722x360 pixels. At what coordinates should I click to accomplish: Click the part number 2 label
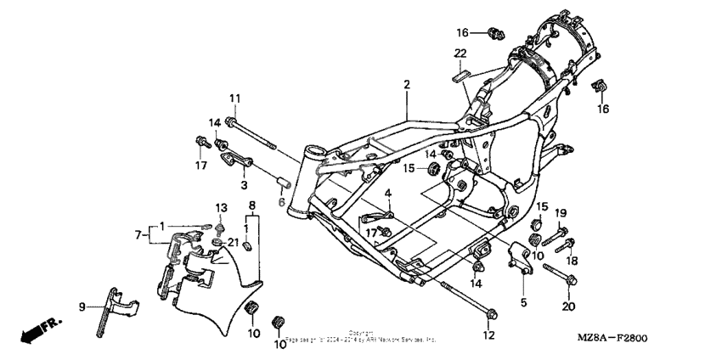(407, 84)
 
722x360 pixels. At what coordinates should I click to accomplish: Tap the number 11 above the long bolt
(234, 98)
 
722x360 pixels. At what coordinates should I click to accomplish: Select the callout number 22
(460, 53)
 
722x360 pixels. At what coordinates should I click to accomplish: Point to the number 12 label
(488, 335)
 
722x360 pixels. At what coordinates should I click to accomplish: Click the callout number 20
(568, 307)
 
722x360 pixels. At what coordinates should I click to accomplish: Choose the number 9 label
(82, 307)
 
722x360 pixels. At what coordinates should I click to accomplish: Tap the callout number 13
(221, 208)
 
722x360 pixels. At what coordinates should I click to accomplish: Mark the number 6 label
(282, 202)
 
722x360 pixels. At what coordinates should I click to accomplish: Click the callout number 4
(387, 194)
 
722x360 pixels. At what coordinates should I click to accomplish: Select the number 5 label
(523, 301)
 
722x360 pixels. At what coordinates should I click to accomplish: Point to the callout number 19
(561, 212)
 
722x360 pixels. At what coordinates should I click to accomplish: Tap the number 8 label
(251, 206)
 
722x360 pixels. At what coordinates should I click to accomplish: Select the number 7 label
(139, 233)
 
